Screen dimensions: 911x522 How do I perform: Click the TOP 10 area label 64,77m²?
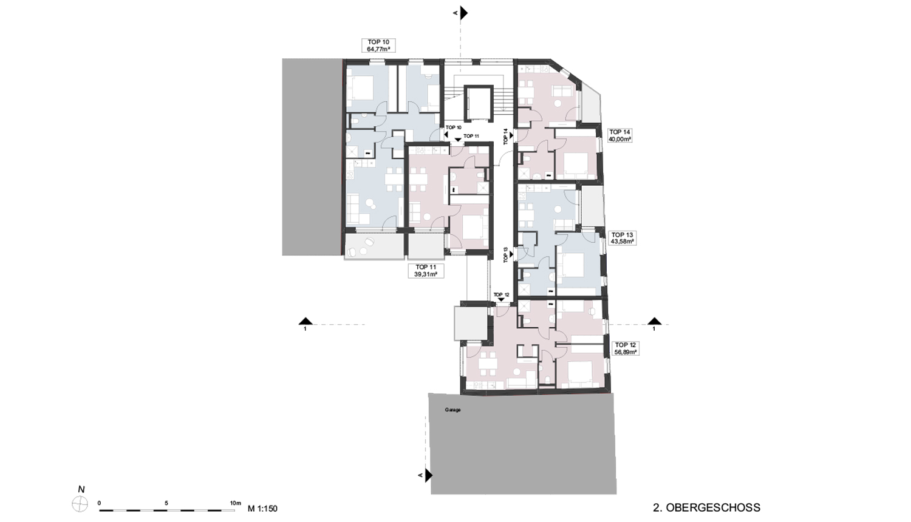378,49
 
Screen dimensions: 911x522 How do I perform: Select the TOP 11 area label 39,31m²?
426,274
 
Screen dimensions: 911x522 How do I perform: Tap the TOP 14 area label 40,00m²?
620,138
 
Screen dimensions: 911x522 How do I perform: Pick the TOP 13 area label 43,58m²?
623,241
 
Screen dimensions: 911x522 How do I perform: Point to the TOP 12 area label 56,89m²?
625,351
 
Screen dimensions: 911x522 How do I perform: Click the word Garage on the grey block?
452,410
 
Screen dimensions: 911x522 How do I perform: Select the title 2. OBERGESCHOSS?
706,507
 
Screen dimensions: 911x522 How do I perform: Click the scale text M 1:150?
263,508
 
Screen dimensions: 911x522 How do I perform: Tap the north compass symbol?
80,504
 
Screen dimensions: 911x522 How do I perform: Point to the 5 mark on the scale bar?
166,503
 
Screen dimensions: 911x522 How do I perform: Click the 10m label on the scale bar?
236,503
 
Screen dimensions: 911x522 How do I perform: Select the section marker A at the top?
463,13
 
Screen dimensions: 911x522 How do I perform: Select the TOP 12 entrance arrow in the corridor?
501,300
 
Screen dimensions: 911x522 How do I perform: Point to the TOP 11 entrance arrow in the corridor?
458,140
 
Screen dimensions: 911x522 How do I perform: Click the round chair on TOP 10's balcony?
86,242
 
